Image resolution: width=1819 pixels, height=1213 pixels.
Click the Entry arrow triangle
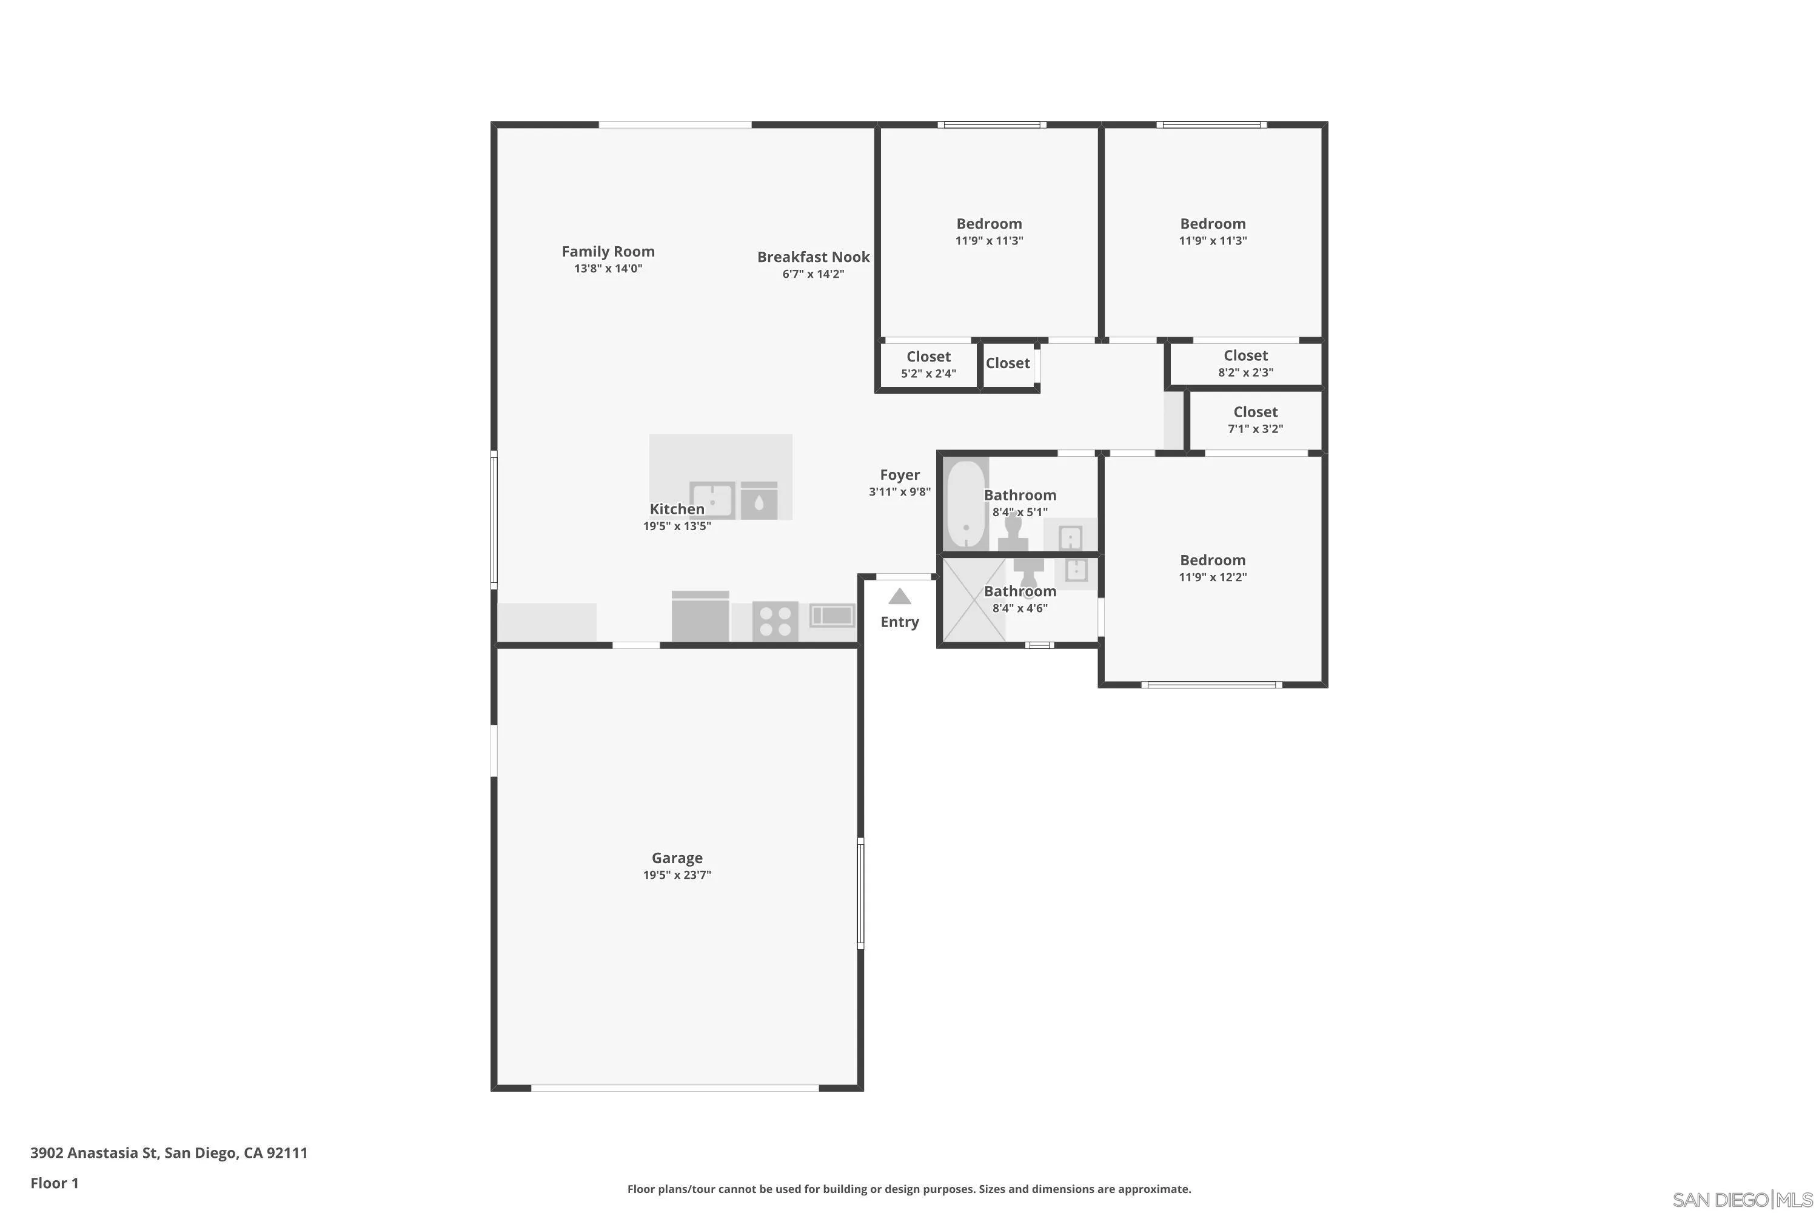tap(899, 596)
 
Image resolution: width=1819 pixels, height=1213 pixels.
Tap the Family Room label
tap(608, 252)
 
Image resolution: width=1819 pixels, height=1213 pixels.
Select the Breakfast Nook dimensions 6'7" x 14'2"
tap(813, 274)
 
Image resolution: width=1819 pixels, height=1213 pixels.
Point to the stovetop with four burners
tap(775, 620)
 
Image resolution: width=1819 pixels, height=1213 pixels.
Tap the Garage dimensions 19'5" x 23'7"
tap(677, 875)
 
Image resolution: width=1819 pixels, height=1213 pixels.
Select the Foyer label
tap(899, 475)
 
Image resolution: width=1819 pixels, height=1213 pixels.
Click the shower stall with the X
tap(973, 600)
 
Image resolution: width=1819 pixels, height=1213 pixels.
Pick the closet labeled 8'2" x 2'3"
tap(1245, 363)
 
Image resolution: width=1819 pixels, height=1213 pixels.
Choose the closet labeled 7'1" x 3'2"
tap(1255, 420)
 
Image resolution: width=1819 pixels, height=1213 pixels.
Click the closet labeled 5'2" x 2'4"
tap(928, 365)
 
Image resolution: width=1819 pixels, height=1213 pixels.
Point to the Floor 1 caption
tap(54, 1183)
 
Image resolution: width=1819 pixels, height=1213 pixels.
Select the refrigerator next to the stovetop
tap(700, 617)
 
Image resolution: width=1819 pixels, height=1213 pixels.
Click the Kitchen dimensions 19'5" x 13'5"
tap(677, 526)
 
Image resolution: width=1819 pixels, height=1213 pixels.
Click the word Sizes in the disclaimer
tap(996, 1189)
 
